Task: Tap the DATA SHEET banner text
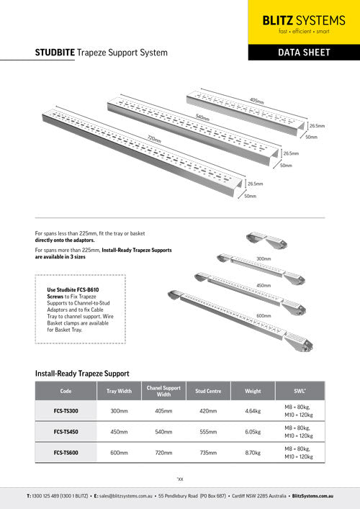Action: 303,53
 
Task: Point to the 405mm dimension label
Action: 256,101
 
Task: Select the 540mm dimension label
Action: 202,117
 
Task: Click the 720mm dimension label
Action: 153,138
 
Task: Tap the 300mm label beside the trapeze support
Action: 264,258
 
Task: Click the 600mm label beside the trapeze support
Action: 264,315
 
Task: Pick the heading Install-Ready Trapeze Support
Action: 82,374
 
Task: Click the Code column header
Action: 66,391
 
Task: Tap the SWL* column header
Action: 299,391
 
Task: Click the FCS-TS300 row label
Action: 66,411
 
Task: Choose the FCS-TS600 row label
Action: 66,453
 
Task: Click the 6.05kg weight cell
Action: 253,432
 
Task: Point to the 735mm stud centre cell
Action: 207,453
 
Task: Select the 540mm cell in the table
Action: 163,432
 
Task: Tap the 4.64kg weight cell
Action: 253,411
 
